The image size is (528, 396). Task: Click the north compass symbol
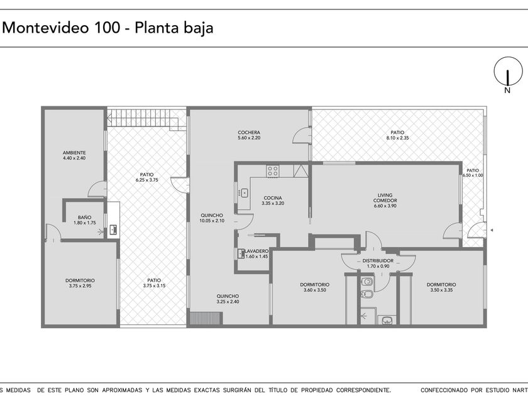click(508, 72)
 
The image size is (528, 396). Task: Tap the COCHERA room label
click(249, 133)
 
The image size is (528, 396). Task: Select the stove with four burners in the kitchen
click(273, 171)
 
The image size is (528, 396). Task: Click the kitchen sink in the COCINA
click(243, 193)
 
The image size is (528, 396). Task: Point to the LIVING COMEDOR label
click(385, 197)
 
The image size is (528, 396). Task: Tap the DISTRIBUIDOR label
click(378, 261)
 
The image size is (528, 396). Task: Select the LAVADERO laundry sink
click(241, 253)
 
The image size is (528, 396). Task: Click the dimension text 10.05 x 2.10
click(212, 221)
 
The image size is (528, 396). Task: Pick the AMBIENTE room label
click(74, 153)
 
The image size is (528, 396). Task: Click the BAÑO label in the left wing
click(84, 217)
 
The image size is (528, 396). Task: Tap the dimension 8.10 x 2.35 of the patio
click(397, 138)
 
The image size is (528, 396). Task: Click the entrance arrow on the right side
click(492, 230)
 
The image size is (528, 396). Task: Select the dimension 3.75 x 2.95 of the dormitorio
click(80, 286)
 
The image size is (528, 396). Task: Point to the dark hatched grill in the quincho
click(206, 319)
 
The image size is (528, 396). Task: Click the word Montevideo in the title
click(46, 27)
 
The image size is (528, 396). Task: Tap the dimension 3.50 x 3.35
click(441, 290)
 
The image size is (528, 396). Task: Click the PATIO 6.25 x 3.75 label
click(147, 177)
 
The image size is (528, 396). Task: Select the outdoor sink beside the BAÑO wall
click(114, 230)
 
